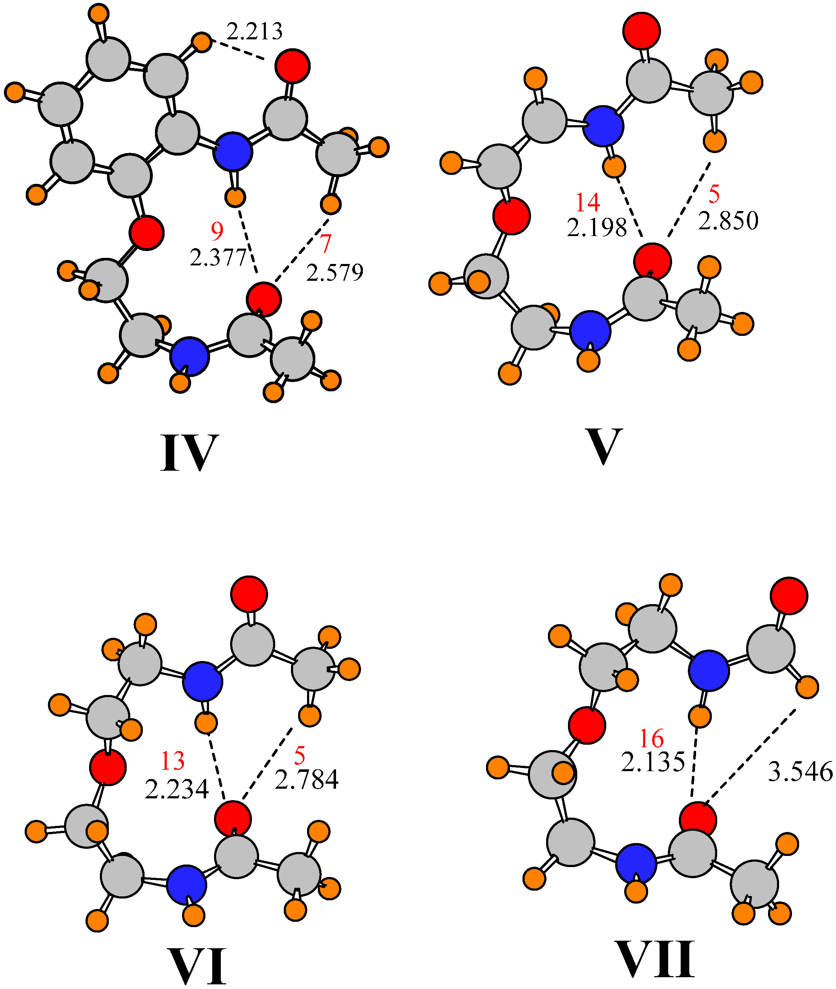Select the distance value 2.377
[218, 258]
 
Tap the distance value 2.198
[597, 228]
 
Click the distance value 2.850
[728, 221]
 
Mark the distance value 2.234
[176, 789]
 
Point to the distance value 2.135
[653, 762]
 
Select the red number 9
[217, 231]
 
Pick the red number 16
[651, 738]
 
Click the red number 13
[172, 761]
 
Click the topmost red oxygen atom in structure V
[641, 30]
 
